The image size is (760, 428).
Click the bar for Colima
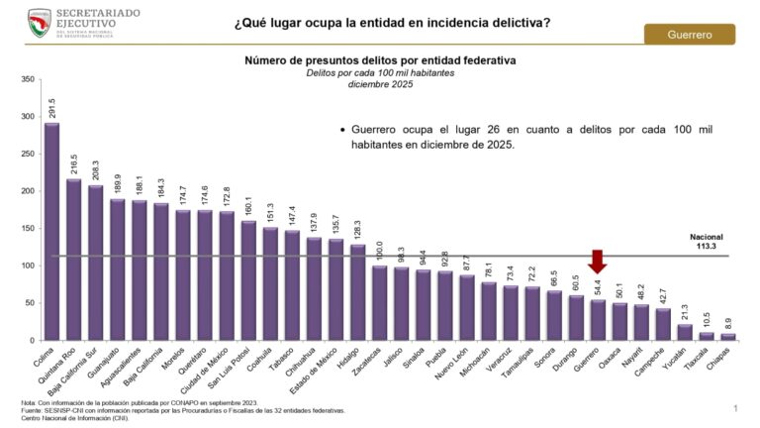[x=51, y=232]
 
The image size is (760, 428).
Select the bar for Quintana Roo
[x=73, y=260]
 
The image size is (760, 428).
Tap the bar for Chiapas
[x=729, y=337]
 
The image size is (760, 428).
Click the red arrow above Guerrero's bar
[x=597, y=261]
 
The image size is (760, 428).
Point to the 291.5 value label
[x=51, y=108]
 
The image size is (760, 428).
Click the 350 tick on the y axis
[x=27, y=79]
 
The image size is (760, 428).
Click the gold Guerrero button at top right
[x=690, y=35]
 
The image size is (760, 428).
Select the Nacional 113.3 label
[x=707, y=244]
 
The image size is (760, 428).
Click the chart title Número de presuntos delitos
[x=380, y=60]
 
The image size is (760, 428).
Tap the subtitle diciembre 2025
[x=380, y=85]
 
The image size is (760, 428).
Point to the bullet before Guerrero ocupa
[x=341, y=130]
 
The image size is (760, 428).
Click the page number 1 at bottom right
[x=735, y=408]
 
